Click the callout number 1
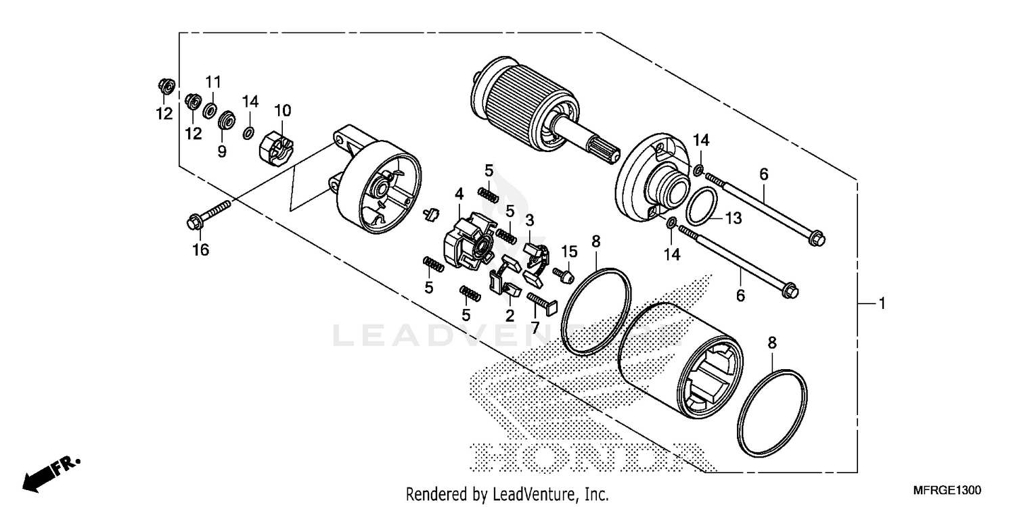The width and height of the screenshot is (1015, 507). (881, 305)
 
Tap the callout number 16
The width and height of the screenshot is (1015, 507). (200, 250)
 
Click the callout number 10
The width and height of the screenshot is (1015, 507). (282, 110)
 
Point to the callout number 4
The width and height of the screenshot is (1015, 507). (459, 194)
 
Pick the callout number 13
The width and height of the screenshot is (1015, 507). (734, 218)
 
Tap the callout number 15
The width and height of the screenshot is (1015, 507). (569, 251)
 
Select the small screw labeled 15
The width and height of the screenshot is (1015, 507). (562, 273)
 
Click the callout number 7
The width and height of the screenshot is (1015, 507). (535, 327)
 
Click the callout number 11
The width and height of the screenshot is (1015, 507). (213, 82)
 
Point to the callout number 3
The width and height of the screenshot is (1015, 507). (530, 220)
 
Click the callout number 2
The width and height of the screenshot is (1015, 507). (509, 315)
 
